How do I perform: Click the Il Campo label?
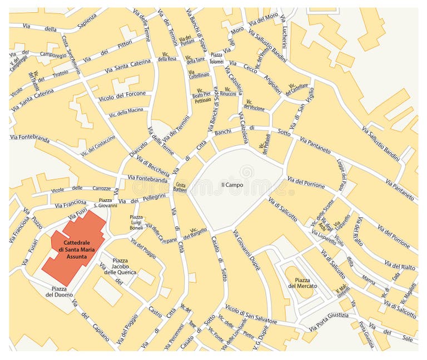pyautogui.click(x=232, y=185)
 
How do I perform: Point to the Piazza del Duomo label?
pyautogui.click(x=60, y=291)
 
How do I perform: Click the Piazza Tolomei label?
pyautogui.click(x=217, y=58)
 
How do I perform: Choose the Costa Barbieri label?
pyautogui.click(x=181, y=187)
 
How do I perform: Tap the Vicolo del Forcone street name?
pyautogui.click(x=122, y=95)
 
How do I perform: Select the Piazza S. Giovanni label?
pyautogui.click(x=105, y=202)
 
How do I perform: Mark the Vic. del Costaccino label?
pyautogui.click(x=98, y=145)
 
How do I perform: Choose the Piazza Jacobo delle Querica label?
pyautogui.click(x=124, y=265)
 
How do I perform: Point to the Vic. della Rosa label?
pyautogui.click(x=167, y=56)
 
